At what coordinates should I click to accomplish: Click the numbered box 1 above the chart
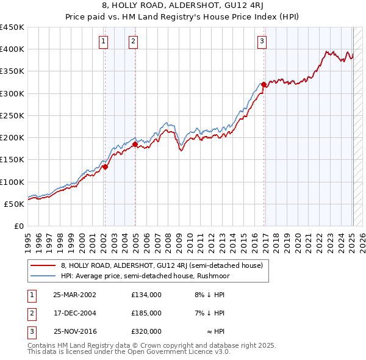tap(104, 41)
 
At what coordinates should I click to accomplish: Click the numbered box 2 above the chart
tap(133, 41)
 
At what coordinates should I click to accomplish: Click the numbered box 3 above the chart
tap(262, 41)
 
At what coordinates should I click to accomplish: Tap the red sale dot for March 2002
tap(105, 167)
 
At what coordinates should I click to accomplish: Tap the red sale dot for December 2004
tap(135, 144)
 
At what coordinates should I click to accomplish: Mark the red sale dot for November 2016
tap(264, 84)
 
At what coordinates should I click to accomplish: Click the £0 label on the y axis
tap(18, 226)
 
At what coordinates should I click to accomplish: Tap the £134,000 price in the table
tap(146, 294)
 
